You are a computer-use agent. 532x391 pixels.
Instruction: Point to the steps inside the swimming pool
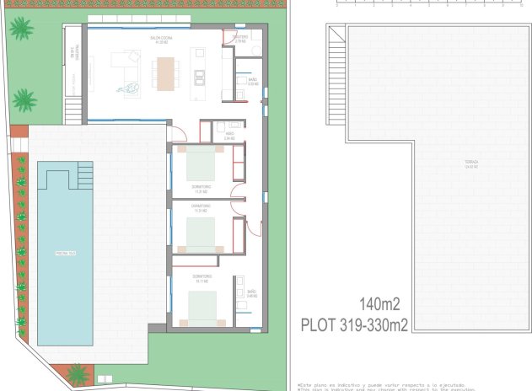tap(84, 177)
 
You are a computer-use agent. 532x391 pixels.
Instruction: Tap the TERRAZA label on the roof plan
tap(470, 163)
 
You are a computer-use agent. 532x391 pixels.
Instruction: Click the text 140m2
tap(379, 304)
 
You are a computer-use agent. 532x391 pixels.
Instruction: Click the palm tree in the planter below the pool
tap(78, 373)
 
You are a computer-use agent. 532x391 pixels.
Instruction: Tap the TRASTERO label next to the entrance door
tap(239, 39)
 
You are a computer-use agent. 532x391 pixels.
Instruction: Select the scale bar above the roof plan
tap(417, 4)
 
